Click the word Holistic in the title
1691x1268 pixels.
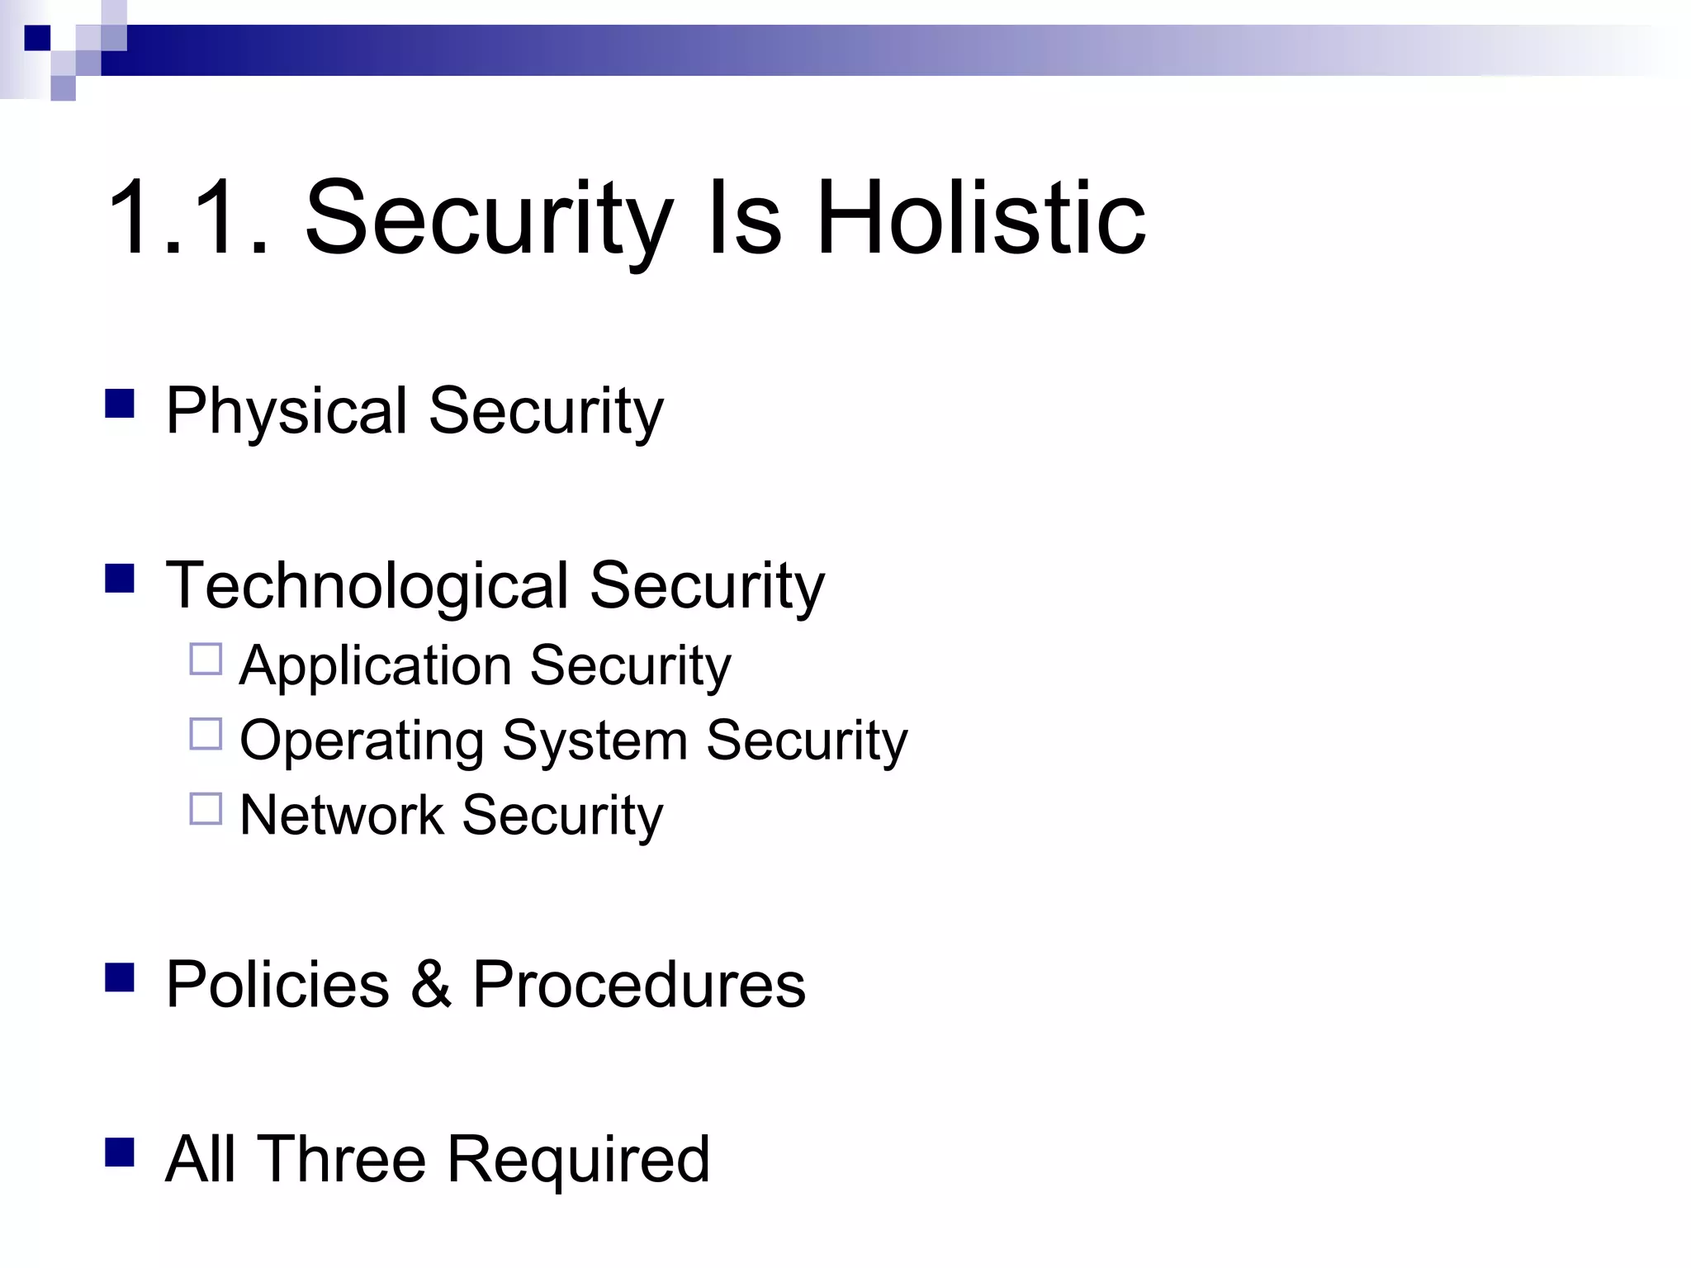coord(981,218)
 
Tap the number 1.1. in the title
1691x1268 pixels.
coord(189,218)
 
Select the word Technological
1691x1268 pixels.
coord(367,585)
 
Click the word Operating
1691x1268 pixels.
coord(361,740)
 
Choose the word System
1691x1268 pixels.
coord(594,740)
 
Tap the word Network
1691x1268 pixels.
coord(341,816)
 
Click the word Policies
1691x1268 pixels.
coord(277,984)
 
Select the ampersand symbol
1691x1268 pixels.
coord(431,984)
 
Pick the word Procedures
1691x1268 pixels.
coord(638,984)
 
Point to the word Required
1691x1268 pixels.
coord(577,1159)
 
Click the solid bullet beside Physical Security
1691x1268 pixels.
coord(120,404)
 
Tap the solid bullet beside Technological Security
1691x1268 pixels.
coord(120,579)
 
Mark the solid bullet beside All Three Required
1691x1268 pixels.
coord(120,1152)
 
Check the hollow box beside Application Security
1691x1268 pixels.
coord(206,660)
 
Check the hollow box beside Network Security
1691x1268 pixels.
coord(206,809)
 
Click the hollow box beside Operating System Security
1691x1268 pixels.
coord(206,734)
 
